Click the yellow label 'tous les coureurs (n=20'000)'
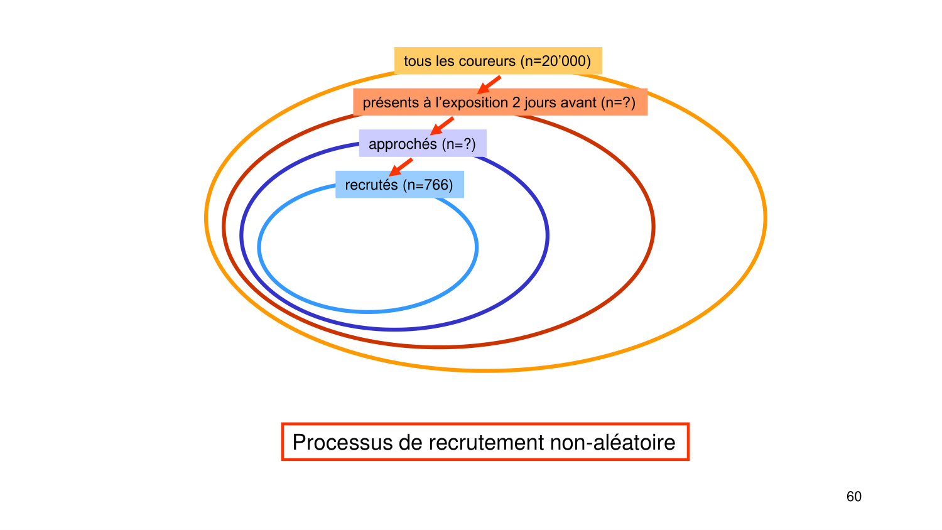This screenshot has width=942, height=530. click(x=497, y=61)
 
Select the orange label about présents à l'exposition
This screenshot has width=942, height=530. click(x=499, y=102)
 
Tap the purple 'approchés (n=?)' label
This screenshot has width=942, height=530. click(x=422, y=144)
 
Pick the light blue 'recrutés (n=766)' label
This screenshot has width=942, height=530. click(x=399, y=185)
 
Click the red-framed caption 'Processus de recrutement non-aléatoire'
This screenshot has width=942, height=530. click(x=484, y=442)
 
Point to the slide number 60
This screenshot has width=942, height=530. click(x=853, y=497)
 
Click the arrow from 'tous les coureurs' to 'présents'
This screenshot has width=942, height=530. click(x=489, y=85)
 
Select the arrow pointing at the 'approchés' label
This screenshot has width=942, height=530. click(x=442, y=126)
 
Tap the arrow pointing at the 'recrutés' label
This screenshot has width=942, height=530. click(x=401, y=167)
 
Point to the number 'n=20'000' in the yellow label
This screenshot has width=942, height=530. click(x=558, y=61)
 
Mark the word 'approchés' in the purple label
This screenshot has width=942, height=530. click(x=403, y=144)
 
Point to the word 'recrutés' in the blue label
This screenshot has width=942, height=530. click(x=371, y=185)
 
